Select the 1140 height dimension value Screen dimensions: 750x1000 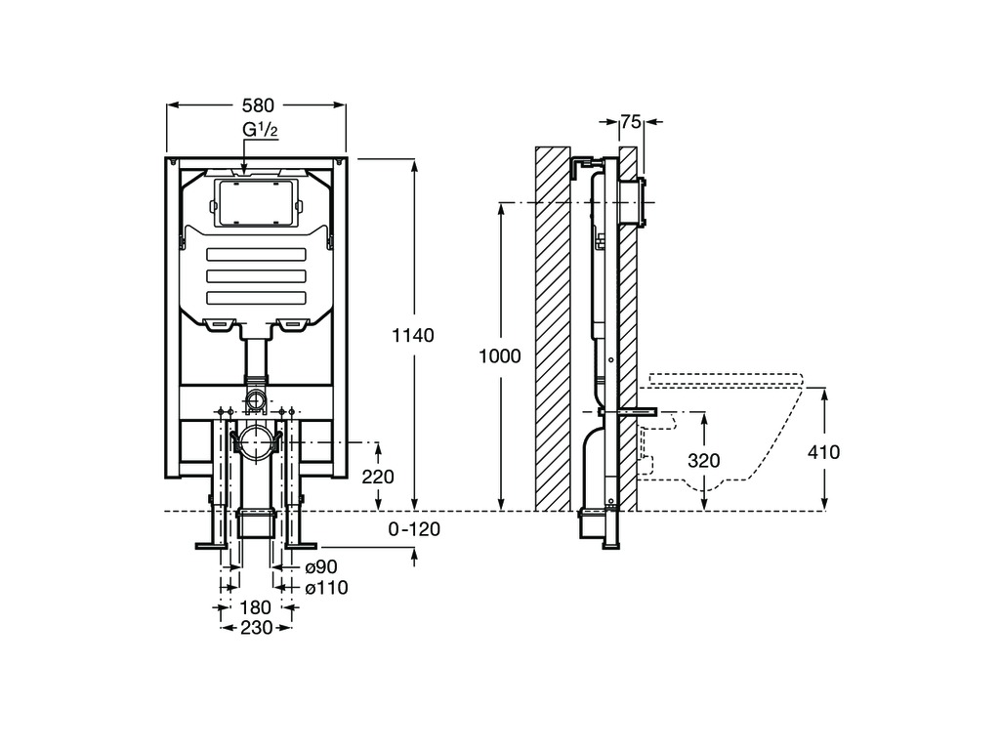(412, 335)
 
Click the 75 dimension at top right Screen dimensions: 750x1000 (630, 122)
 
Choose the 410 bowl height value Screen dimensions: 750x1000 (824, 451)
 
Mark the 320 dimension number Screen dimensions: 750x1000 (704, 461)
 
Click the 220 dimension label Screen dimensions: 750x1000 (377, 477)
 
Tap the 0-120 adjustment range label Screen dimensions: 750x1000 (414, 529)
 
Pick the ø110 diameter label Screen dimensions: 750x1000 (325, 587)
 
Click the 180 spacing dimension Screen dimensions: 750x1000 (256, 607)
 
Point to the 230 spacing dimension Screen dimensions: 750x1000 (256, 628)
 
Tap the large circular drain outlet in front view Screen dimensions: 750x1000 (257, 443)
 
